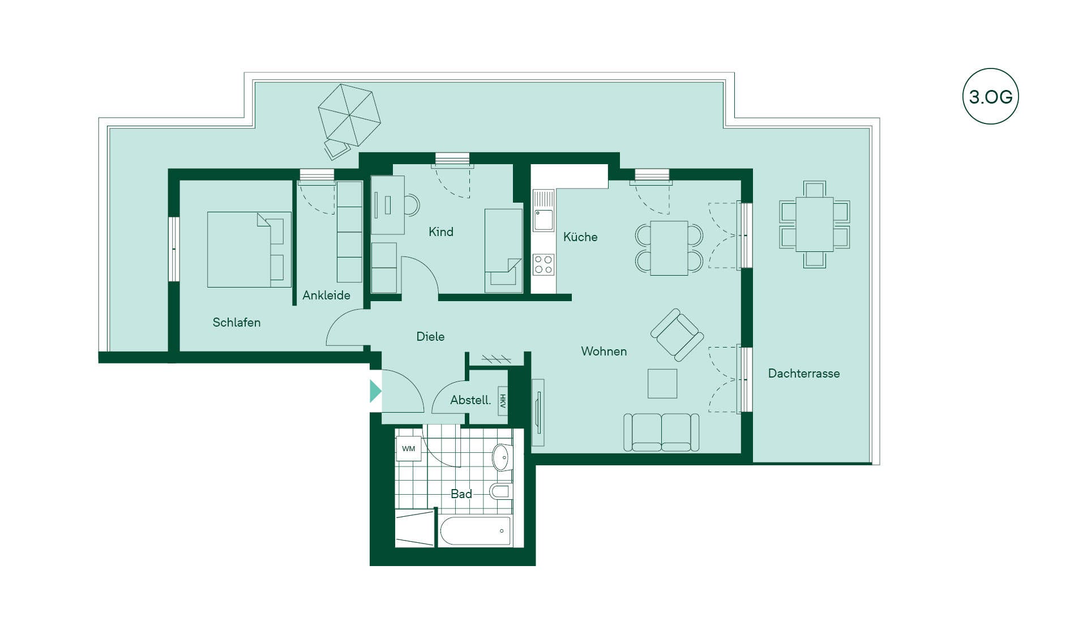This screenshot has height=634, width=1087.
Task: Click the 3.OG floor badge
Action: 990,96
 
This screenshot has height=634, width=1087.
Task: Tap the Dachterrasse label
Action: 804,374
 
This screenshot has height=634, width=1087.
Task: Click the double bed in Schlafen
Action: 249,250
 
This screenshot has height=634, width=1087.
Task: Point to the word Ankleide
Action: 326,295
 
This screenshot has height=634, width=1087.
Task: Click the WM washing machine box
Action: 409,449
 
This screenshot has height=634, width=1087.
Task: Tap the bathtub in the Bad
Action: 476,531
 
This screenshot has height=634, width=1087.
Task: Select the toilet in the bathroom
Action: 501,491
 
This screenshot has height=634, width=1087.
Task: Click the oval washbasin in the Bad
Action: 501,457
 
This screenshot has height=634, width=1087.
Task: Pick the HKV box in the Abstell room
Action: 503,401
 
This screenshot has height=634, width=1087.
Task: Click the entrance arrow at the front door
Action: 375,391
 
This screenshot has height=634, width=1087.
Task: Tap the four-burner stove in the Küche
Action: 543,265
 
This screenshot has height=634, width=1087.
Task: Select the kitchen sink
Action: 543,211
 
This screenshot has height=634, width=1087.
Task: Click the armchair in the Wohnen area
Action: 677,335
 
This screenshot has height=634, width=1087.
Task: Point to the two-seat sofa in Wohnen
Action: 661,432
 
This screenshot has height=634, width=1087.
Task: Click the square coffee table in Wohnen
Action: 662,384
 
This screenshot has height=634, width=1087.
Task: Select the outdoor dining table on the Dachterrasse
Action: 815,224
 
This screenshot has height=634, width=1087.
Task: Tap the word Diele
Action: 430,337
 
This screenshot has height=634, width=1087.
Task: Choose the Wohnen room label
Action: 604,352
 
